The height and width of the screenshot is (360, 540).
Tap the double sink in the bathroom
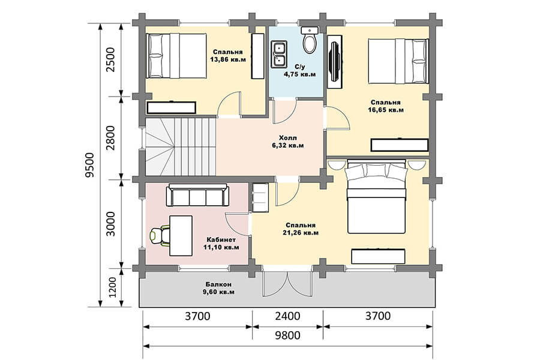click(x=279, y=54)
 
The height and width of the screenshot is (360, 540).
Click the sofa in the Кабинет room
click(x=197, y=195)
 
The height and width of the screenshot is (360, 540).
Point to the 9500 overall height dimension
click(x=89, y=165)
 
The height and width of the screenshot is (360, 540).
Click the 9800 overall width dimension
click(x=287, y=335)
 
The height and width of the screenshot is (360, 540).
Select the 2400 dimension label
click(x=287, y=316)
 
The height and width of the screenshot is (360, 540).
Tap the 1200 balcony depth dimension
click(x=112, y=287)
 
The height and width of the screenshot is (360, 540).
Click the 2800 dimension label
click(x=110, y=138)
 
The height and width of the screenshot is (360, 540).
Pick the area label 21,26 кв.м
click(x=301, y=233)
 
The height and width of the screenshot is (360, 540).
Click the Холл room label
click(x=287, y=138)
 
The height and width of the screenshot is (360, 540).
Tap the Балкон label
click(x=218, y=284)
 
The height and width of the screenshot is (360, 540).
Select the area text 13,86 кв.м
click(x=228, y=59)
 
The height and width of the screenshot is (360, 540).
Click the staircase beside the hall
click(x=181, y=147)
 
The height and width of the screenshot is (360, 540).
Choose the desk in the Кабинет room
click(x=181, y=236)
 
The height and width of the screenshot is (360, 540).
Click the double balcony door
click(x=287, y=284)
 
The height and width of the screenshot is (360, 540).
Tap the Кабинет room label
click(x=221, y=240)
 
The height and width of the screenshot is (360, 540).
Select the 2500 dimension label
click(x=110, y=59)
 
